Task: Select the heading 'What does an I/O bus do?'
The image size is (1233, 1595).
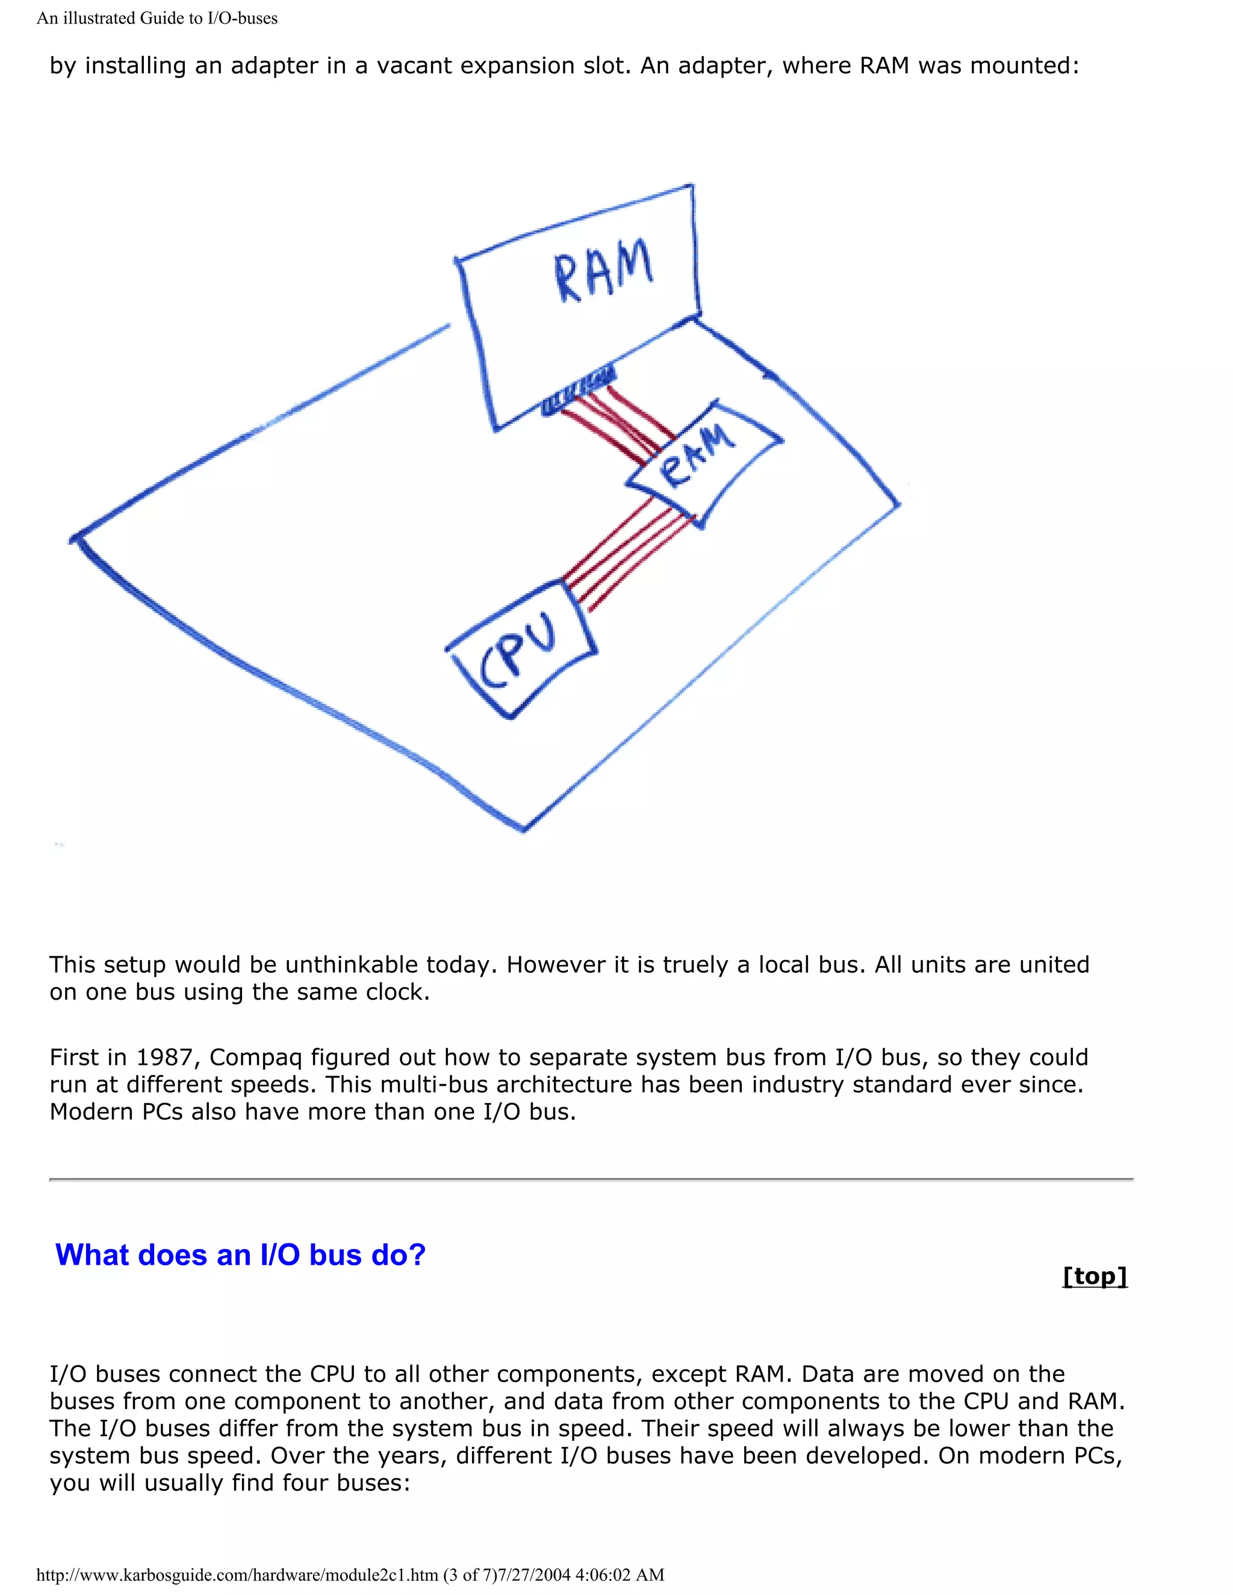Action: (x=240, y=1255)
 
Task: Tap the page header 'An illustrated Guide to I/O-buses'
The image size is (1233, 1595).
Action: (x=157, y=18)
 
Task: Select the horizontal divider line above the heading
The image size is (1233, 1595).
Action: (x=591, y=1178)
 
